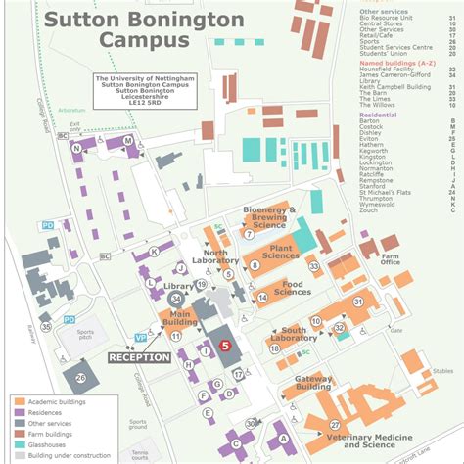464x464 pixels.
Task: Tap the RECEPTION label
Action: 138,357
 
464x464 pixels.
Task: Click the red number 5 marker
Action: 225,346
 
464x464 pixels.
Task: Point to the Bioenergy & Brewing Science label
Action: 269,217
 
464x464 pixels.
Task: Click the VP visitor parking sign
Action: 139,337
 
